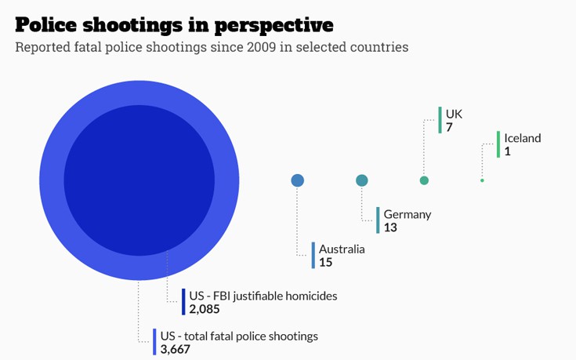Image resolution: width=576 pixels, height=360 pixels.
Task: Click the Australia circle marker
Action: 298,180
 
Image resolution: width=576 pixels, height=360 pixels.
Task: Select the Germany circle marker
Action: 362,180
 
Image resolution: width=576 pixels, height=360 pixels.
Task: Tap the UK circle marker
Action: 424,180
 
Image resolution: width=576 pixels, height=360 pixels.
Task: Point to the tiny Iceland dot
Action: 482,180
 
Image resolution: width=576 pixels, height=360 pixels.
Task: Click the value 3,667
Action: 176,349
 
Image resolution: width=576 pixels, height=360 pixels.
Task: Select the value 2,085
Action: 205,309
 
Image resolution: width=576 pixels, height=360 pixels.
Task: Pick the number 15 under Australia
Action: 325,262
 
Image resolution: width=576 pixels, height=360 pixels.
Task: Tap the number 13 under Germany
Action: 390,227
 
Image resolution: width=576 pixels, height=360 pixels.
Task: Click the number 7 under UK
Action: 449,127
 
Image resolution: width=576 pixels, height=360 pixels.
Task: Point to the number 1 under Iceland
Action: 508,151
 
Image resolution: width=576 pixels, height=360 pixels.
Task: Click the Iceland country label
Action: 523,138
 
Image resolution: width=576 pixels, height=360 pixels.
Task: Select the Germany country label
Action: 408,214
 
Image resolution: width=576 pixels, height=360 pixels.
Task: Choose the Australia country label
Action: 342,249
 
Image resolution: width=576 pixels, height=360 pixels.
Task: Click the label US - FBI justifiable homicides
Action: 263,296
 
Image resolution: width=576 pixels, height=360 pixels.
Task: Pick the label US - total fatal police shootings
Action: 239,336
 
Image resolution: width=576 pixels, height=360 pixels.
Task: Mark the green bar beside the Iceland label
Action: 498,144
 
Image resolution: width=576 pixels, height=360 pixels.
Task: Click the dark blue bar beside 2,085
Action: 183,302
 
